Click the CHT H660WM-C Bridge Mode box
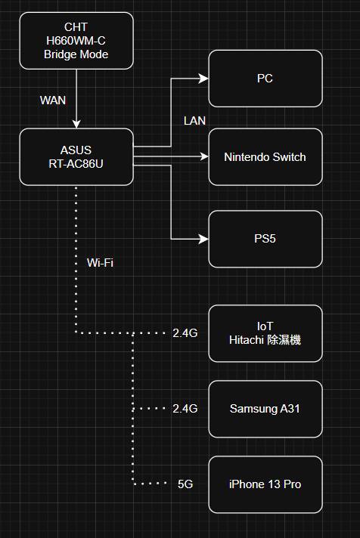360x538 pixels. (76, 41)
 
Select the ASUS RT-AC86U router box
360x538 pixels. (76, 157)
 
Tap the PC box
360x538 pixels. (265, 79)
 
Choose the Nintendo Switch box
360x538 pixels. (265, 157)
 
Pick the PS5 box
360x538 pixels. (265, 239)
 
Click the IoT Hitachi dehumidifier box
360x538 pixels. (265, 333)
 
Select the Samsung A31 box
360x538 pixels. (265, 409)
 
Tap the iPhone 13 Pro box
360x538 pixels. (265, 484)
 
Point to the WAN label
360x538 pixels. (53, 100)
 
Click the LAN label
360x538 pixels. (195, 121)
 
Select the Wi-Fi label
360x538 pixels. (100, 263)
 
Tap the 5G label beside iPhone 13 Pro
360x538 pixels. (185, 484)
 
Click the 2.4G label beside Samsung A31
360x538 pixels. (185, 409)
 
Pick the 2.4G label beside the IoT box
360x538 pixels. (185, 333)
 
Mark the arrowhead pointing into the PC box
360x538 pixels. (203, 79)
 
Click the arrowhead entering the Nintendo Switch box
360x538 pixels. (203, 157)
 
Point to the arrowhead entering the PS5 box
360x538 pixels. (203, 239)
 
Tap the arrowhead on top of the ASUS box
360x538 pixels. (76, 124)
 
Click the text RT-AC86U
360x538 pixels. (76, 164)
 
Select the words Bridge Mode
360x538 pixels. (76, 54)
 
